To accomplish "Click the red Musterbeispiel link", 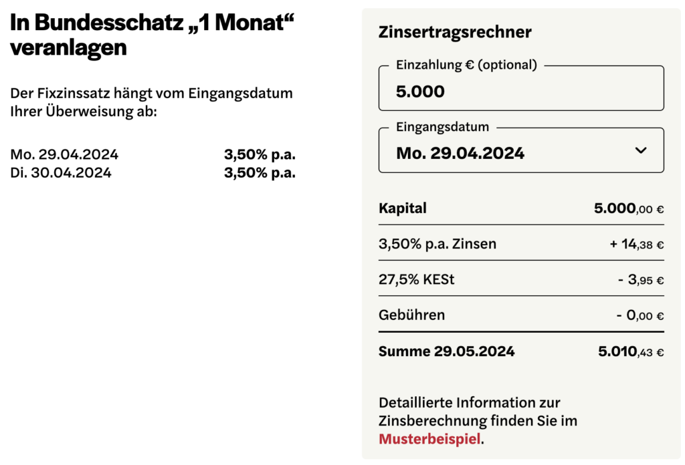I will point(429,439).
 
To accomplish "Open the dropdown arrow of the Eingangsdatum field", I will point(641,150).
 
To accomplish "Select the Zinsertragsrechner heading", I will point(455,32).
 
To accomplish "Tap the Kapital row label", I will point(403,208).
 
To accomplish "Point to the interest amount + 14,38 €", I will point(636,244).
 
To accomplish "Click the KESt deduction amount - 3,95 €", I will point(640,280).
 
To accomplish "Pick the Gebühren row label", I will point(411,315).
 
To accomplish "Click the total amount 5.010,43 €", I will point(631,351).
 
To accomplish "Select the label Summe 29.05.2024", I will point(446,351).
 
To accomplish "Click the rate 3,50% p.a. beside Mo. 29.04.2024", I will point(260,155).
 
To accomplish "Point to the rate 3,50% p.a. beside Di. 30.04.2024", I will point(260,173).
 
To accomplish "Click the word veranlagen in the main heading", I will point(68,48).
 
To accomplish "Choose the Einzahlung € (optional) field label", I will point(466,65).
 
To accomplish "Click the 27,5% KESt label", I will point(416,280).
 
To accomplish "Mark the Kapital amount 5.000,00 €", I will point(629,208).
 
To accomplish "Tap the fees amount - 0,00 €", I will point(640,315).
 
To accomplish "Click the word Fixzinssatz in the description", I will point(68,94).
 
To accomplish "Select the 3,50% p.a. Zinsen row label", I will point(437,244).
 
